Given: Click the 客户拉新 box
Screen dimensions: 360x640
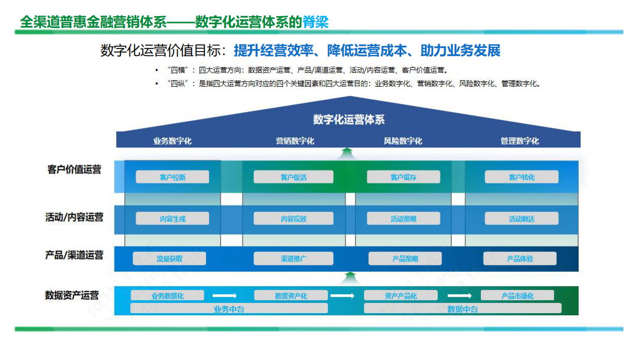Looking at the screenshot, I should click(x=172, y=177).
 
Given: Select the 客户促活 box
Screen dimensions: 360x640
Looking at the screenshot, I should click(x=293, y=177).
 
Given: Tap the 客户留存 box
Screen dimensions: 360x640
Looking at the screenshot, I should click(x=403, y=177).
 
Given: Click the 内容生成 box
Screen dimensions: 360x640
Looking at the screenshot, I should click(x=172, y=218).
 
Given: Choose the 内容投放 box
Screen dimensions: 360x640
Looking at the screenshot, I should click(x=293, y=218).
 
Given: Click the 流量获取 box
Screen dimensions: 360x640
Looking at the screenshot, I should click(x=169, y=259).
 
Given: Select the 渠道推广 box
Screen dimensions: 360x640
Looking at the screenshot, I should click(x=293, y=259).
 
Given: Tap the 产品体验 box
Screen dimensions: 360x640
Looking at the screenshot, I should click(x=520, y=259).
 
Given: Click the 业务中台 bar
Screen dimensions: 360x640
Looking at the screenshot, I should click(x=229, y=309).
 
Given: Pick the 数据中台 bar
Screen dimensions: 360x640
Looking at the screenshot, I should click(x=463, y=309).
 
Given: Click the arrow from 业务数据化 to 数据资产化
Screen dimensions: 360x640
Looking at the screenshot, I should click(x=225, y=295).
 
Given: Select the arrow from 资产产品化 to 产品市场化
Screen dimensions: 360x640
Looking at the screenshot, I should click(x=460, y=295).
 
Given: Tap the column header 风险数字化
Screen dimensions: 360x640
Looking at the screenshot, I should click(x=403, y=141).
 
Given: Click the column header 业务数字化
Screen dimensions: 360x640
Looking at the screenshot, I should click(x=172, y=141).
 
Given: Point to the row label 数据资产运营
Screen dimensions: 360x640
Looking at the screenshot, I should click(x=72, y=295).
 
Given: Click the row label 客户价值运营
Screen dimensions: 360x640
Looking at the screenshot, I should click(x=74, y=170).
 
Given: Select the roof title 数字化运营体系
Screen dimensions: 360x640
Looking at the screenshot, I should click(x=349, y=119).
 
